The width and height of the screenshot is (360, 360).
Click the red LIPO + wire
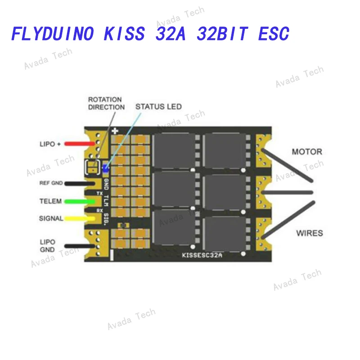[80, 144]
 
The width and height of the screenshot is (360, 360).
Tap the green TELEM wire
[80, 202]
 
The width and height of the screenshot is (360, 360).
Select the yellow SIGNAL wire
[80, 219]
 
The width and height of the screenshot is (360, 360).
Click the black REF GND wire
[80, 184]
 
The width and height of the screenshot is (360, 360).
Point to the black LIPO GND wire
[80, 246]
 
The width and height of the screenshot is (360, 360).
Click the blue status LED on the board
[106, 168]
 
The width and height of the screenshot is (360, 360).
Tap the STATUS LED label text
[158, 107]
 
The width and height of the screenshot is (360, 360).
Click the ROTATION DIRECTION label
[106, 103]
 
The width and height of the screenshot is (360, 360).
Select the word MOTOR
[307, 152]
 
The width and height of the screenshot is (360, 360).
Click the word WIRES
[310, 233]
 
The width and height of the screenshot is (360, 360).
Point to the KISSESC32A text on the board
[202, 255]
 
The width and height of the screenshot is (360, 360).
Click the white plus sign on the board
[115, 131]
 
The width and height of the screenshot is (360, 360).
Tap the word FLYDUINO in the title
[53, 33]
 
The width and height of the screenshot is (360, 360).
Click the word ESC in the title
[274, 33]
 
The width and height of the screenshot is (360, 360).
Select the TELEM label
[50, 201]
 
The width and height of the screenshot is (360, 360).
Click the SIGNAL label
[51, 218]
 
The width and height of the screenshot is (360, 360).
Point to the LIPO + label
[50, 144]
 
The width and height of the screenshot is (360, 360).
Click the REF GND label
[51, 183]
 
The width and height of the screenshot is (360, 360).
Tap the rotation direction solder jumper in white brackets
[93, 167]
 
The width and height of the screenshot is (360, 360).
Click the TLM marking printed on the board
[106, 201]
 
